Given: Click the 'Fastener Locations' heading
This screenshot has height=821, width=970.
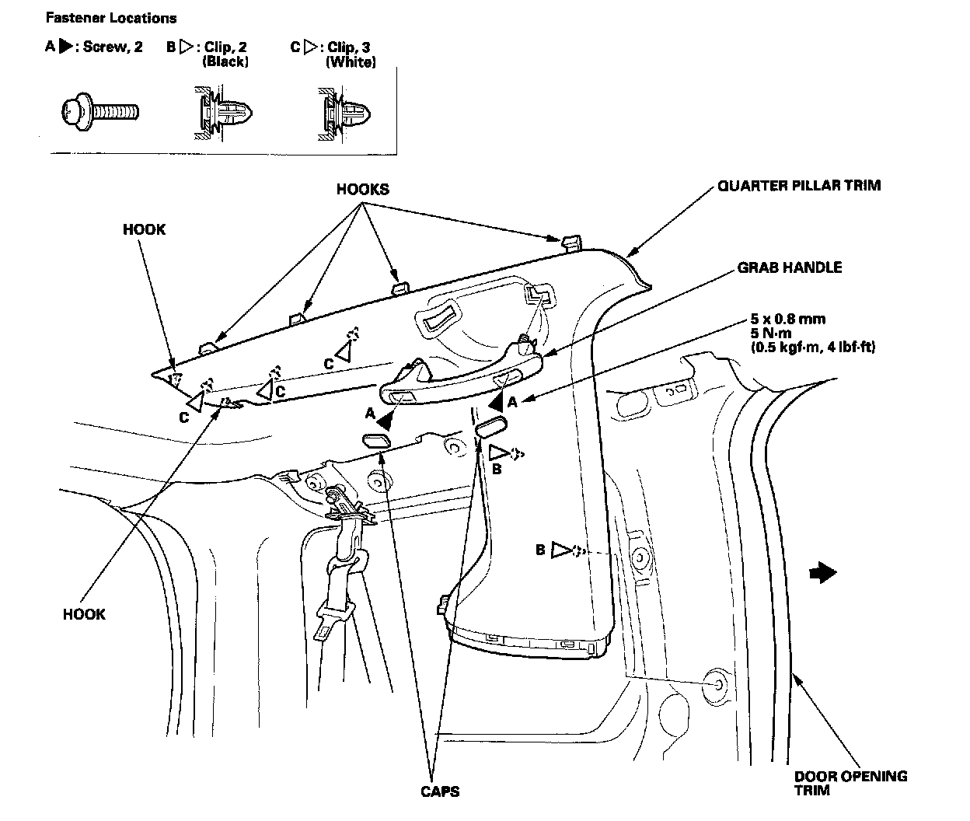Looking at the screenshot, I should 111,18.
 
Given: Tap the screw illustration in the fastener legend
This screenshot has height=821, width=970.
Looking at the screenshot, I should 99,112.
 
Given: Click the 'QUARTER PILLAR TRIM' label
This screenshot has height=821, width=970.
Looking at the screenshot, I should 799,186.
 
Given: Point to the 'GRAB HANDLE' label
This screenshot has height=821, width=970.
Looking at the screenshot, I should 789,267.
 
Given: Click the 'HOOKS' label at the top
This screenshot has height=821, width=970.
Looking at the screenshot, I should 362,189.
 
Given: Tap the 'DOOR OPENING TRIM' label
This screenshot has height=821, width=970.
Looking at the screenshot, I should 850,783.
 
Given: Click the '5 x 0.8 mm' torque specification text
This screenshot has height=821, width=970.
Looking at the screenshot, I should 788,319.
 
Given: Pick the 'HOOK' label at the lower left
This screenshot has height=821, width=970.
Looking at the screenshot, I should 84,614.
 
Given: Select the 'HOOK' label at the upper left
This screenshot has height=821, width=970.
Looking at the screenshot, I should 144,230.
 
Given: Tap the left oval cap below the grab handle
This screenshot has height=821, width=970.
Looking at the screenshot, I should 376,442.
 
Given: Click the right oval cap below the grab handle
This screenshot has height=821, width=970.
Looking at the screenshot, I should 490,424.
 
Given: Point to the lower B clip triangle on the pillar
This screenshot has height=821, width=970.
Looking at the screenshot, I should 561,550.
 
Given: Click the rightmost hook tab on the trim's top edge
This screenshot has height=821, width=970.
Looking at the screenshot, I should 570,240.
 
